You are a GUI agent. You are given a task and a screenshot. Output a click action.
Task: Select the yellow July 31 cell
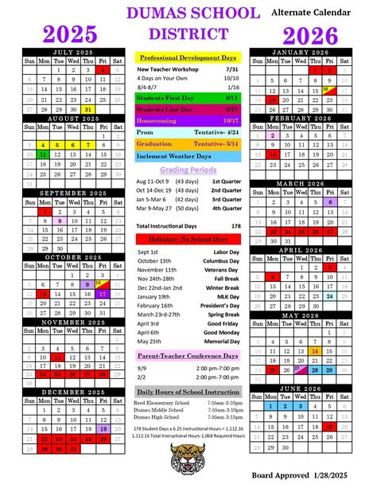pos(87,109)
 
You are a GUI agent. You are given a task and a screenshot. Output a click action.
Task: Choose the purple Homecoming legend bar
pos(188,121)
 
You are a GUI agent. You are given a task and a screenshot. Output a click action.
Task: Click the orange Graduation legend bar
pos(188,144)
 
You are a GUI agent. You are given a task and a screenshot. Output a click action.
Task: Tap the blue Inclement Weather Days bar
pos(188,156)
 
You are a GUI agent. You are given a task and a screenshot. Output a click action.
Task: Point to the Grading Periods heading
pos(188,170)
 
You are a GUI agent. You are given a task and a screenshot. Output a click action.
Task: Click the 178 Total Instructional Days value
pos(235,226)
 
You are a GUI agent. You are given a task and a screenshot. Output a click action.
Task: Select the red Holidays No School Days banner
pos(188,239)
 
